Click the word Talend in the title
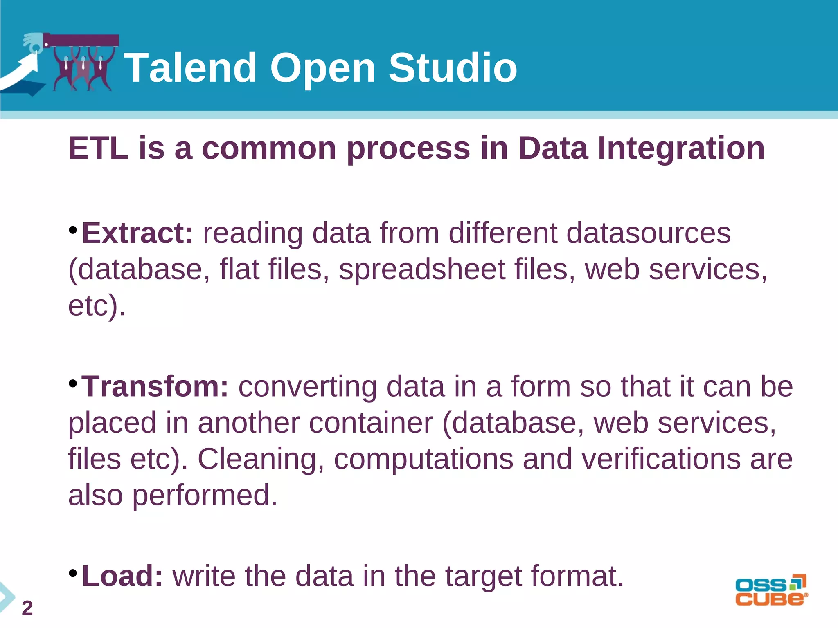[x=190, y=68]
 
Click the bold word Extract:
[x=137, y=233]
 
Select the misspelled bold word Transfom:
[x=155, y=386]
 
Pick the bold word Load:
[x=122, y=576]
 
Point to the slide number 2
[x=27, y=608]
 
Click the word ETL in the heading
[x=98, y=148]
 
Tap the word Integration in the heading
[x=681, y=148]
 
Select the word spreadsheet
[x=422, y=270]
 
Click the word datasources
[x=648, y=233]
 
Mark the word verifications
[x=661, y=459]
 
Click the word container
[x=371, y=423]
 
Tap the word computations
[x=424, y=459]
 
